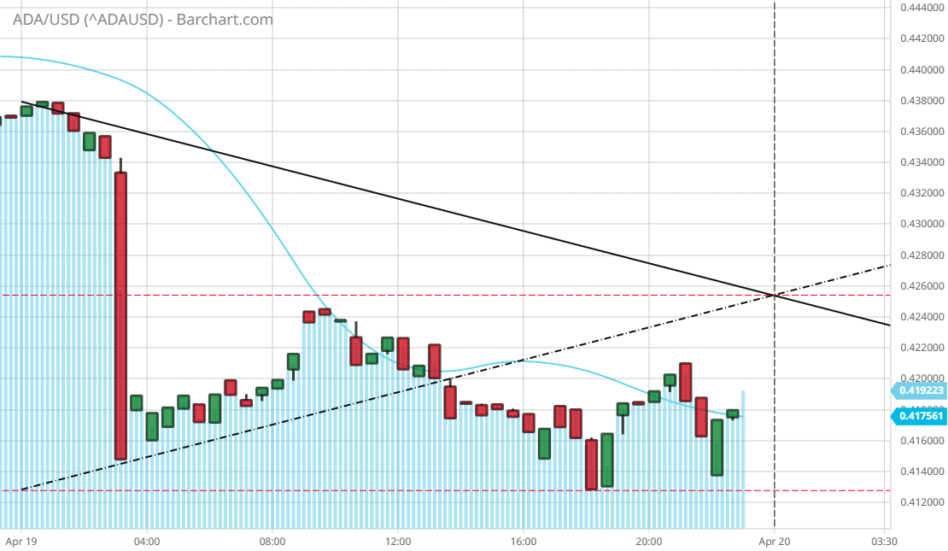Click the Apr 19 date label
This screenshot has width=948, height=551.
tap(20, 541)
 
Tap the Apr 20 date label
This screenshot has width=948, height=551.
tap(774, 541)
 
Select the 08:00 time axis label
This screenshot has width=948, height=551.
tap(272, 541)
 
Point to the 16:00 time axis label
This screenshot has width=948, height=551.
tap(524, 541)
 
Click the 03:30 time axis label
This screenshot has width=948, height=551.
tap(883, 541)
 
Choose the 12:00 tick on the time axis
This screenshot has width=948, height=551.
tap(398, 541)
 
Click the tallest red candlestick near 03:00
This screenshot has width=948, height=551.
tap(121, 316)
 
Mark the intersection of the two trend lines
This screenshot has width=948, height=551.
tap(775, 296)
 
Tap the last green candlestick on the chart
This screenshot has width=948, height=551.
tap(733, 413)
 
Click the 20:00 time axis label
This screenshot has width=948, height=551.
tap(649, 541)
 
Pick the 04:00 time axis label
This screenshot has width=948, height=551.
tap(147, 541)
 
